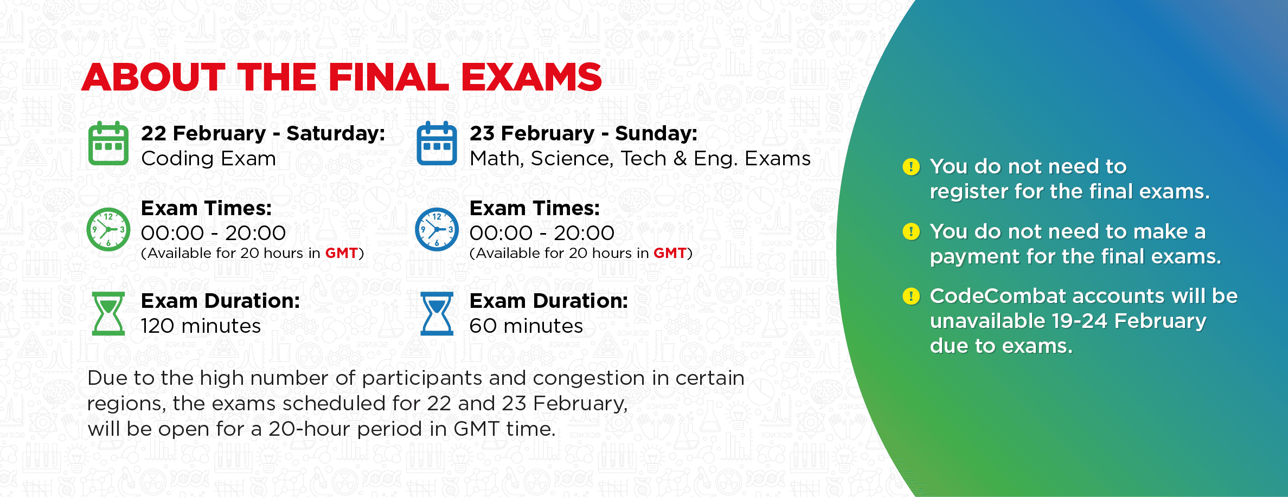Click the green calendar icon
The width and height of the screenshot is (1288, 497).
(x=108, y=144)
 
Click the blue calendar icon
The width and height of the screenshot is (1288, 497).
(x=437, y=144)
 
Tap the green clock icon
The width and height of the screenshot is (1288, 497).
(x=108, y=229)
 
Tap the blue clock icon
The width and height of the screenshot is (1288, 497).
(x=437, y=229)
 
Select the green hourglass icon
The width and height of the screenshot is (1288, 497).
(x=108, y=313)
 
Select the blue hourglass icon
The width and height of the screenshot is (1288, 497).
(x=437, y=313)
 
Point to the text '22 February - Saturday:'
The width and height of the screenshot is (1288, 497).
(x=263, y=133)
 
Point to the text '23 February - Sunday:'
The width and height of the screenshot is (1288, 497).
(x=584, y=133)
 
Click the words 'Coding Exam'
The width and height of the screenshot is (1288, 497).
(x=208, y=159)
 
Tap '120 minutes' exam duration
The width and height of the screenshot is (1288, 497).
(x=201, y=326)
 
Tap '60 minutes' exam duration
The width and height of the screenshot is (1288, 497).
(x=526, y=326)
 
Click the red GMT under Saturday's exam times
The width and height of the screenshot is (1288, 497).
(x=341, y=253)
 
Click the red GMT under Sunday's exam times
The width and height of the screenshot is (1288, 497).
(x=670, y=253)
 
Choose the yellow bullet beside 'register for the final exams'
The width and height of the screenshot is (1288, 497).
(x=911, y=167)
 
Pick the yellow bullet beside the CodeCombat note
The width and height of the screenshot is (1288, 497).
(x=911, y=296)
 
